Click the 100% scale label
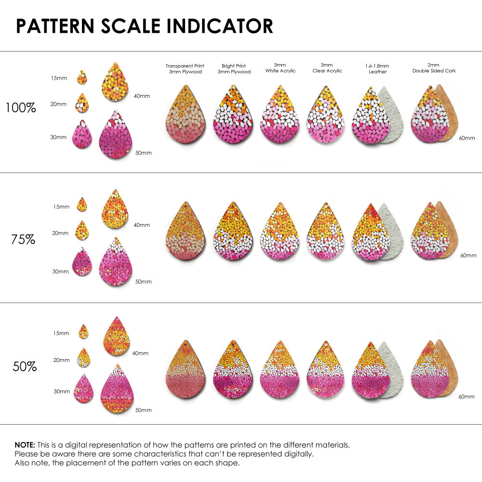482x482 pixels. pos(21,107)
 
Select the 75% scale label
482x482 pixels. pos(23,239)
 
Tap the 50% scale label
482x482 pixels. pos(25,367)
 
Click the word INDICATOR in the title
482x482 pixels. pos(220,26)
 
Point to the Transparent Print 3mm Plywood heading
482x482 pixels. pos(185,68)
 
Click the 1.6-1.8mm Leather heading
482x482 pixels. pos(377,68)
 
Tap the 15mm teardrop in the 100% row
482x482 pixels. pos(82,77)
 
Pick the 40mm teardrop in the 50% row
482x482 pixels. pos(116,336)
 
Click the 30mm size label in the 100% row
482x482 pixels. pos(58,137)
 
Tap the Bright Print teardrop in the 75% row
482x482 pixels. pos(233,231)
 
